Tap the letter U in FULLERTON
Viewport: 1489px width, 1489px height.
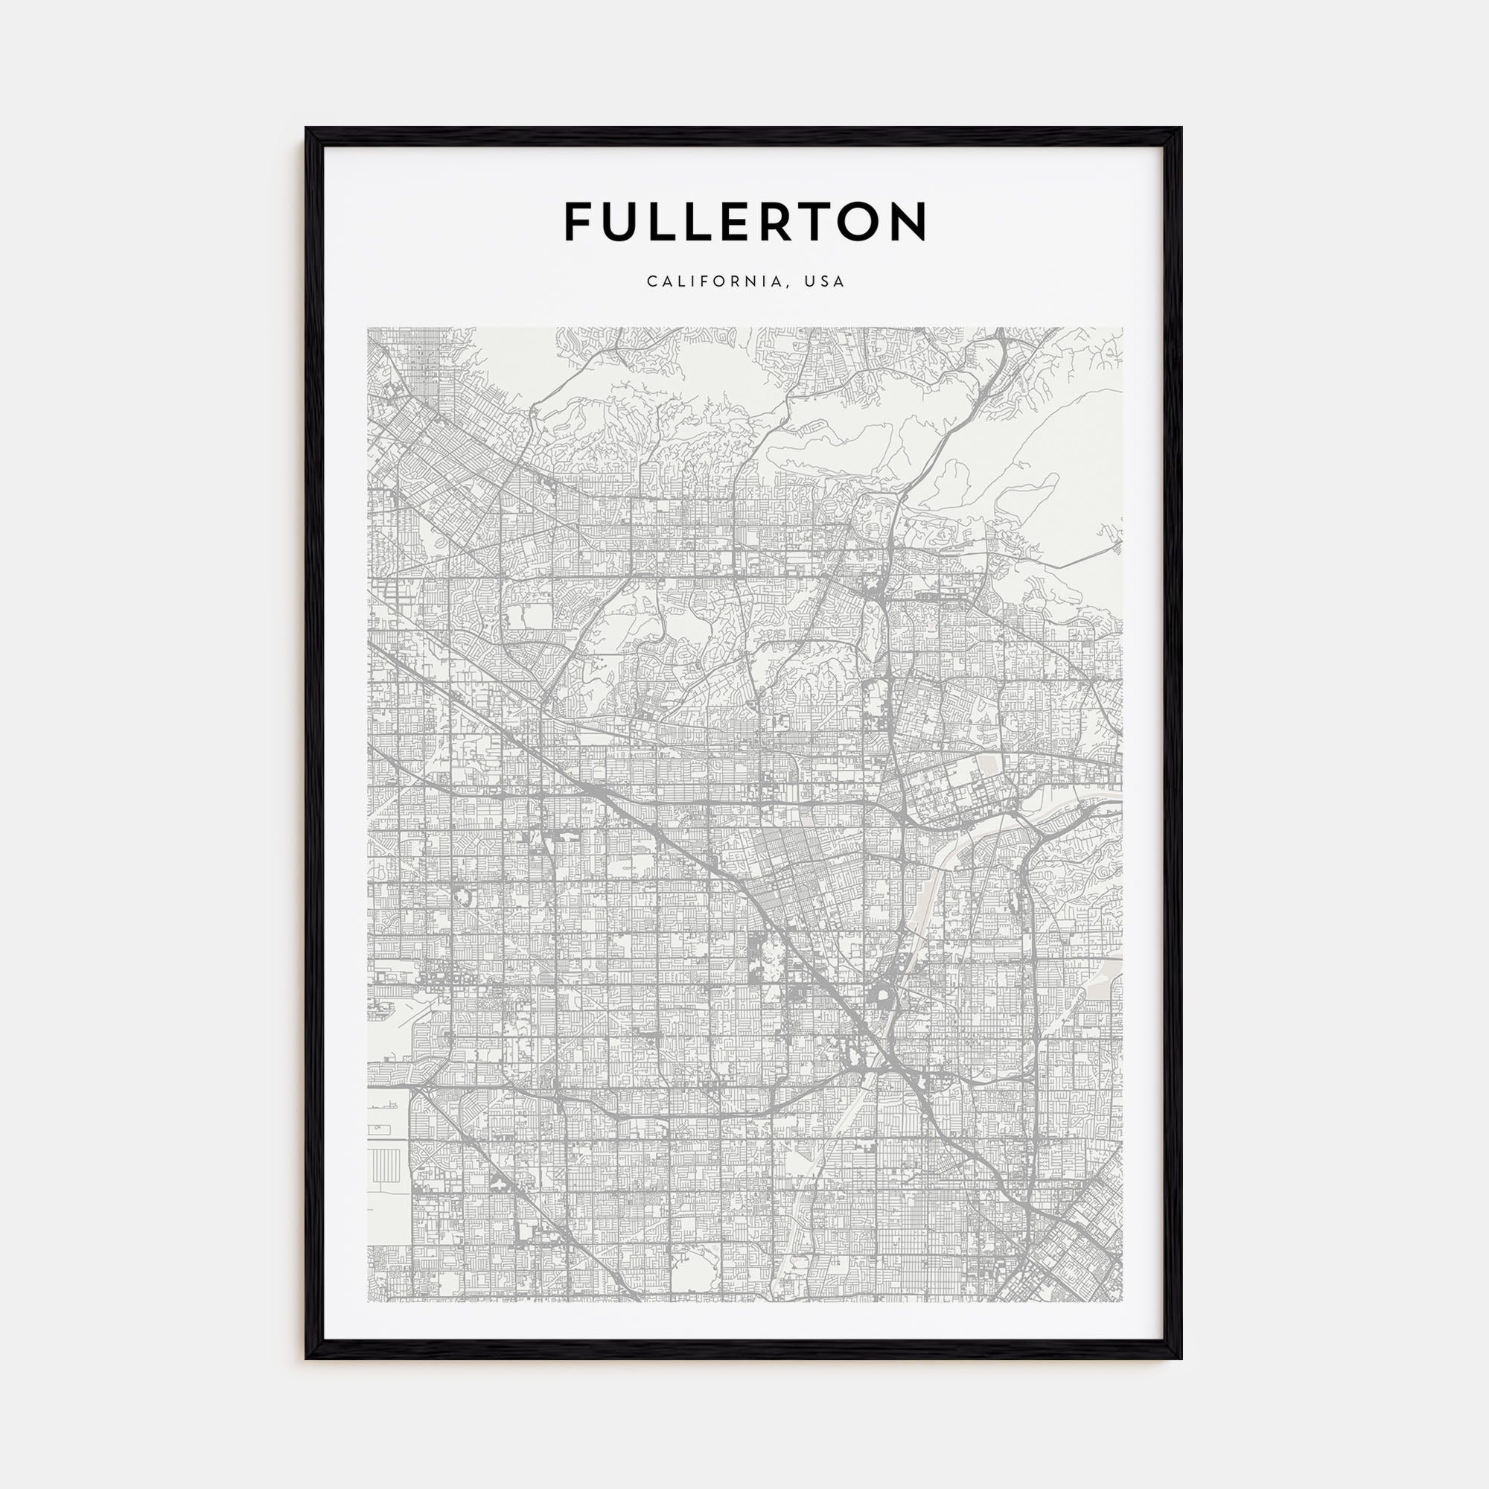621,222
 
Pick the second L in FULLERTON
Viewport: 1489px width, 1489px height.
700,222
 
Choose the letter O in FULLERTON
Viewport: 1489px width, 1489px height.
864,222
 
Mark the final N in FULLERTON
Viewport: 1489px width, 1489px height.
911,222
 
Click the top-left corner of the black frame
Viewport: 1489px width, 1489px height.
307,129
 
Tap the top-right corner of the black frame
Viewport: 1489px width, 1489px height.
1181,129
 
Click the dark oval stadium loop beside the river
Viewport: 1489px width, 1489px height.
878,1000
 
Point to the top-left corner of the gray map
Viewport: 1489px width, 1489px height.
369,328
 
